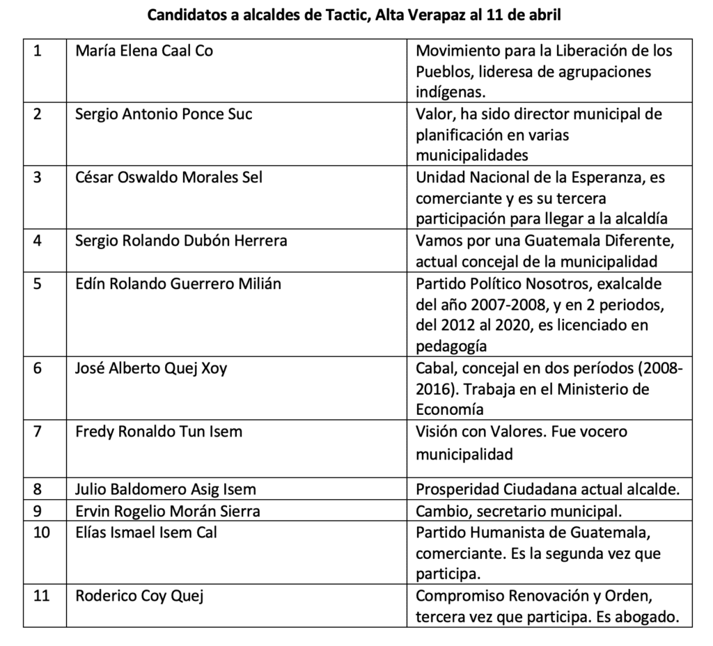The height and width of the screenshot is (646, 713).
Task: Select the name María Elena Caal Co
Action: coord(143,51)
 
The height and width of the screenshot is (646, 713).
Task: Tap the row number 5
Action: coord(38,284)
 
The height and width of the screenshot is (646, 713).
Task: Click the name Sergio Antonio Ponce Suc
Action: coord(164,114)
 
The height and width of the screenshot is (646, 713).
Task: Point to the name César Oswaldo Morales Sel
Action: coord(169,178)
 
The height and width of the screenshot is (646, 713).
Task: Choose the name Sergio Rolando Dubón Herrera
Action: coord(181,241)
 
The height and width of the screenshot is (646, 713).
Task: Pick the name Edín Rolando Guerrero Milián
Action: coord(178,284)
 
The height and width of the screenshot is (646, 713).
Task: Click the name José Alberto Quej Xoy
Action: coord(151,368)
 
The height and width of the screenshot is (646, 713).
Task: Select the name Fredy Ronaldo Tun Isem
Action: coord(159,432)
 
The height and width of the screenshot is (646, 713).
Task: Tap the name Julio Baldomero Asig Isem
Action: coord(166,489)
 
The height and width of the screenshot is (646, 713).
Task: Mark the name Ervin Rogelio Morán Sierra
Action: coord(168,511)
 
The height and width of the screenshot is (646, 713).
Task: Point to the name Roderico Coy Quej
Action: coord(139,597)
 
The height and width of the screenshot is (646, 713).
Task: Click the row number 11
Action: coord(41,597)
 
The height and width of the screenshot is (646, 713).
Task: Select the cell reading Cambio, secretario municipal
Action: coord(517,511)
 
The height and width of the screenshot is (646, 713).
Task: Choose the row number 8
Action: coord(38,489)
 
